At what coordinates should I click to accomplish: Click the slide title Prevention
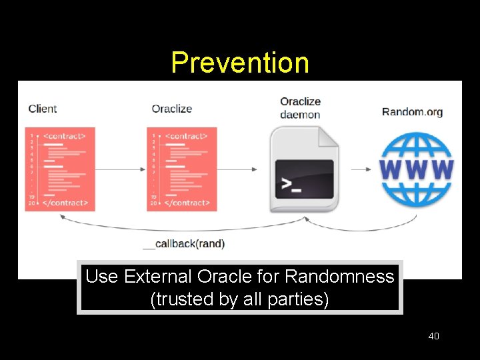pyautogui.click(x=240, y=63)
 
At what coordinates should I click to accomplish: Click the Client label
pyautogui.click(x=43, y=109)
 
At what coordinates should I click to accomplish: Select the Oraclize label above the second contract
pyautogui.click(x=171, y=109)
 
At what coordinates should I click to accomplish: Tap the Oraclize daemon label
pyautogui.click(x=300, y=108)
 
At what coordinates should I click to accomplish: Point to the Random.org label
pyautogui.click(x=412, y=111)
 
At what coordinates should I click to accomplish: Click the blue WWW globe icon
pyautogui.click(x=416, y=169)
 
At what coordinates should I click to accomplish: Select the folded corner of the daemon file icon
pyautogui.click(x=327, y=137)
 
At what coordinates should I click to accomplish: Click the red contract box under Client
pyautogui.click(x=60, y=169)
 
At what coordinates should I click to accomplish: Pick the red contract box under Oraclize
pyautogui.click(x=182, y=169)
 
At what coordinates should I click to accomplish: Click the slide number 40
pyautogui.click(x=433, y=336)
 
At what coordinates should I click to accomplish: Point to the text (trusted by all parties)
pyautogui.click(x=240, y=299)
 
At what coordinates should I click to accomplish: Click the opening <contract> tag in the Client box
pyautogui.click(x=65, y=136)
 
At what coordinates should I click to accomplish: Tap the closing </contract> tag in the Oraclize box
pyautogui.click(x=187, y=203)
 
